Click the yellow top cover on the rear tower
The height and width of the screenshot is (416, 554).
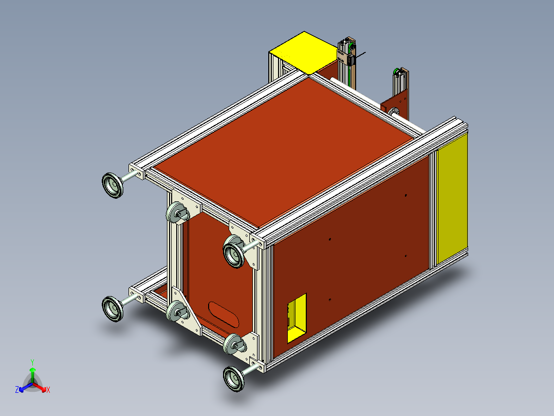coord(302,51)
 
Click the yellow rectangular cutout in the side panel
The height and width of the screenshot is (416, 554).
coord(297,318)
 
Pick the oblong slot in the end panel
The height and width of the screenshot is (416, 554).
coord(225,314)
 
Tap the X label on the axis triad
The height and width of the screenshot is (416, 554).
coord(48,390)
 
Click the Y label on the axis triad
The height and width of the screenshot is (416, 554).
coord(32,362)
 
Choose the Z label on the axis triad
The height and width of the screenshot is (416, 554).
coord(17,390)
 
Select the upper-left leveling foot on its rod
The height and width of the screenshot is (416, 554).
coord(113,185)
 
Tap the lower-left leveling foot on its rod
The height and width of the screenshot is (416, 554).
coord(113,308)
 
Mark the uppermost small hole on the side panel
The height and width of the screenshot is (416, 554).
coord(405,195)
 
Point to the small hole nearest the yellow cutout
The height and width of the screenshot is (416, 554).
coord(329,299)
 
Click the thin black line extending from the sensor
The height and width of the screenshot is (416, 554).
coord(362,54)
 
